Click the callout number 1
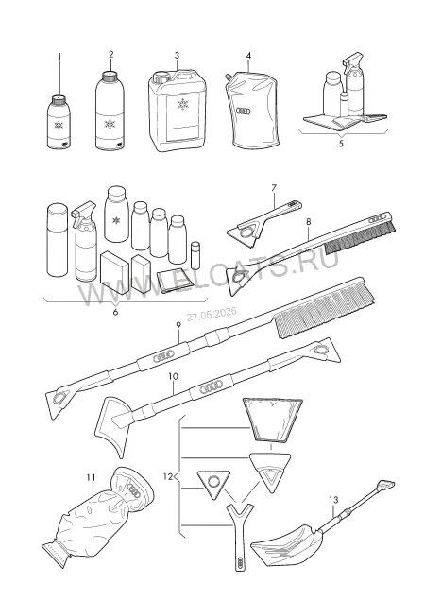click(x=59, y=57)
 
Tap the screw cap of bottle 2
click(x=110, y=76)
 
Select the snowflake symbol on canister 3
click(x=183, y=104)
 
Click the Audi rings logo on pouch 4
click(x=243, y=112)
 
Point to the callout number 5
click(x=341, y=144)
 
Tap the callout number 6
click(x=115, y=312)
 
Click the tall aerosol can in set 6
click(x=57, y=240)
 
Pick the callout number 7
click(x=274, y=188)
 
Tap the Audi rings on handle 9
click(x=162, y=357)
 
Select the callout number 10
click(x=173, y=376)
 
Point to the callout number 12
click(x=168, y=477)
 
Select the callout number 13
click(x=333, y=500)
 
